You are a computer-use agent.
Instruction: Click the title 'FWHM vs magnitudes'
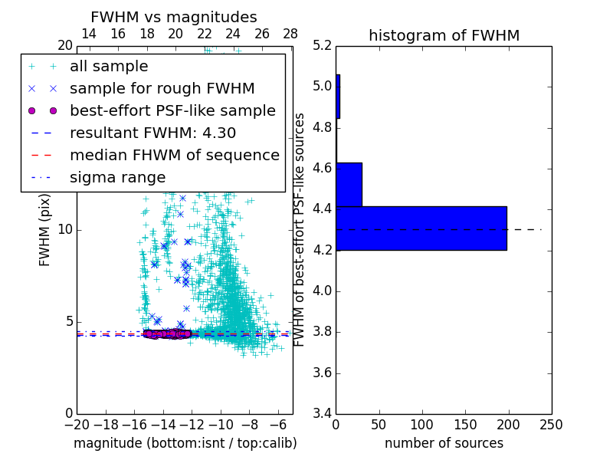click(x=173, y=17)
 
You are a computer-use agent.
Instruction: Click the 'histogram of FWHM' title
click(x=444, y=35)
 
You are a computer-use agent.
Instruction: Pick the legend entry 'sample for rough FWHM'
click(x=162, y=88)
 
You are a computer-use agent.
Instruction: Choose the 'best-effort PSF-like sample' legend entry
click(x=172, y=110)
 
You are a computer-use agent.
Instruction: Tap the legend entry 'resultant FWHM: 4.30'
click(x=152, y=133)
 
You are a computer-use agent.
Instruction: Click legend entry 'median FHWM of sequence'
click(x=174, y=155)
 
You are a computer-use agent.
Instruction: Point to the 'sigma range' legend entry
click(x=117, y=177)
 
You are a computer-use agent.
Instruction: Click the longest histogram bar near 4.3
click(x=421, y=228)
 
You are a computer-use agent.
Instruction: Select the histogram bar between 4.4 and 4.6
click(x=349, y=184)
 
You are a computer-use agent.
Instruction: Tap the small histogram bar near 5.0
click(x=338, y=96)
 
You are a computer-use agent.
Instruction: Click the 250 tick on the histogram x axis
click(x=551, y=424)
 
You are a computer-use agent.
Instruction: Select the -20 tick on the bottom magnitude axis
click(x=77, y=424)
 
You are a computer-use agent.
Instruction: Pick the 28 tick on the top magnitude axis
click(x=290, y=34)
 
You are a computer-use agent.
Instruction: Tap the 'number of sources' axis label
click(x=444, y=443)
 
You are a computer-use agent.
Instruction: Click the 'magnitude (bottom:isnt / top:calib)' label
click(x=185, y=443)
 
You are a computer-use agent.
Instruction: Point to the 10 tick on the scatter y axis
click(x=66, y=229)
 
